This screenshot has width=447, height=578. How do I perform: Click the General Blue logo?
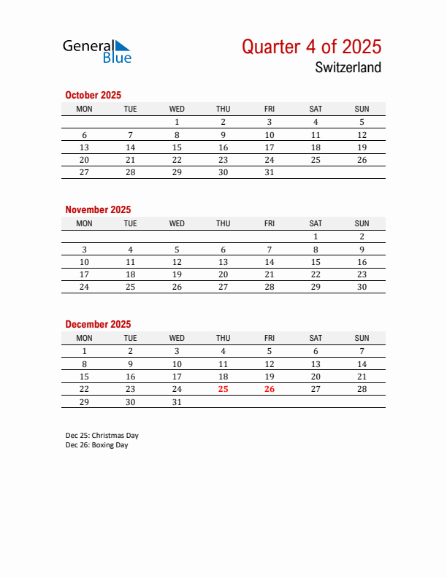click(x=96, y=50)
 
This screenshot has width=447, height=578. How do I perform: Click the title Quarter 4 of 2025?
click(x=311, y=47)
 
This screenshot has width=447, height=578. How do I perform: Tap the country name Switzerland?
click(x=348, y=68)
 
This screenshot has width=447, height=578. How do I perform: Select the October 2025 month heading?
click(x=93, y=95)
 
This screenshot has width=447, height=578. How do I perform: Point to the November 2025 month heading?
click(x=98, y=209)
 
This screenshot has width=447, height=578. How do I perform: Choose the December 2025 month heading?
click(x=98, y=324)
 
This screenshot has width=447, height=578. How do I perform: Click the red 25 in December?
click(x=223, y=389)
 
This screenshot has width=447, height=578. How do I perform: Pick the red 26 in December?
click(x=270, y=389)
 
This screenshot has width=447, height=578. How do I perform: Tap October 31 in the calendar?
click(x=270, y=172)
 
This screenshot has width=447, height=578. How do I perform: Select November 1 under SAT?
click(x=316, y=236)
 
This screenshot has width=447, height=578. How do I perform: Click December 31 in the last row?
click(x=177, y=402)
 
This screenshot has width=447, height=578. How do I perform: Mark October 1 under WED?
click(x=177, y=122)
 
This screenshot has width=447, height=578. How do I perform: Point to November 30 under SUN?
click(x=362, y=287)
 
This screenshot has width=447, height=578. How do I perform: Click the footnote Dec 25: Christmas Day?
click(x=102, y=435)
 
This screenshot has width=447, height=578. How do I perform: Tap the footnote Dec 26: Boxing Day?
click(x=96, y=444)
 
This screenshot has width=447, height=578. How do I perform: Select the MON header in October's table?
click(x=85, y=109)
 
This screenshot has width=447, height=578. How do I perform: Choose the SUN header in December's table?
click(x=362, y=338)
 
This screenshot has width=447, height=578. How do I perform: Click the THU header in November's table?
click(x=223, y=223)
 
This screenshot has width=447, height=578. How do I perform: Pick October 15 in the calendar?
click(x=177, y=147)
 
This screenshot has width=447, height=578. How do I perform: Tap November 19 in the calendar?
click(x=177, y=274)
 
